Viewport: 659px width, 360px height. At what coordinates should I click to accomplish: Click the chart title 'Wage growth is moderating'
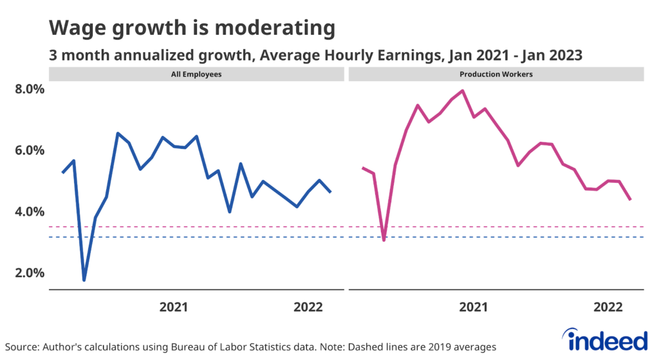pos(192,28)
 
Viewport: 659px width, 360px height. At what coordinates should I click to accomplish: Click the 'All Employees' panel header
pos(197,74)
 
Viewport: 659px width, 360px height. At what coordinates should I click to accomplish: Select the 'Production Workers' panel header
pos(496,74)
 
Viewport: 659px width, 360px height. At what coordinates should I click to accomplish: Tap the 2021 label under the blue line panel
pos(173,307)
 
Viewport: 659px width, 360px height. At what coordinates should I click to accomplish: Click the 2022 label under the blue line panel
pos(308,307)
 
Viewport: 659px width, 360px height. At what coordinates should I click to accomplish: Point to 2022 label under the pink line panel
pos(607,307)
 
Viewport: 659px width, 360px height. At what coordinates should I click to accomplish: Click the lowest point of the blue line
pos(84,280)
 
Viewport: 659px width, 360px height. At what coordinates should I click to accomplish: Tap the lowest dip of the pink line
pos(384,240)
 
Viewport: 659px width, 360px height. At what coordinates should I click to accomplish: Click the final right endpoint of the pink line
pos(630,200)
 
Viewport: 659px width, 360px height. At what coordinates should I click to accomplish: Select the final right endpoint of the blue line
pos(331,192)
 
